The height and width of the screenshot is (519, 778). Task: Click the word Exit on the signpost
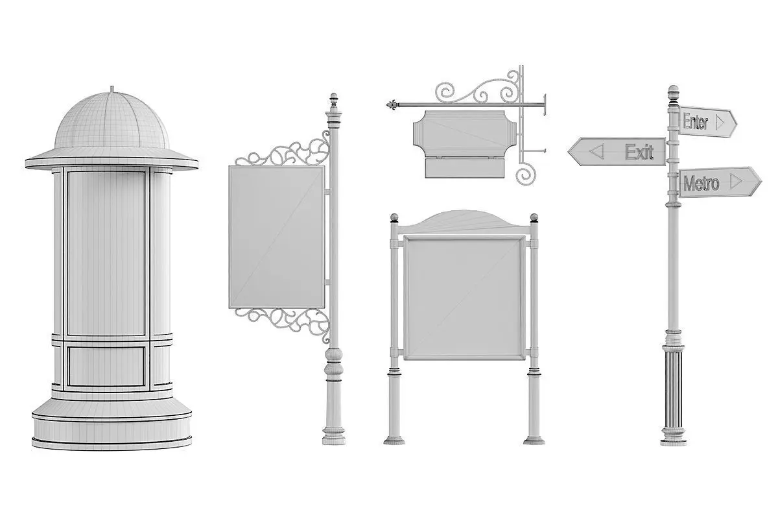pos(639,152)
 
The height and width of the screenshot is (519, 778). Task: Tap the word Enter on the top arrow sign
pos(695,122)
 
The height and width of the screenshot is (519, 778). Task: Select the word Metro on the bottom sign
pos(701,183)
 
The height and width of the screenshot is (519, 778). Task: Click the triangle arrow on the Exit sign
pos(596,151)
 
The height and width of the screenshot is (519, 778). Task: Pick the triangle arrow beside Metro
pos(736,181)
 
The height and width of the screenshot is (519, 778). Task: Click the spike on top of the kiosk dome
pos(112,90)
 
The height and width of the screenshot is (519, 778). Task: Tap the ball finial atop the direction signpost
pos(674,90)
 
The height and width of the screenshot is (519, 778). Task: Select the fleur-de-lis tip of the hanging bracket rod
pos(392,104)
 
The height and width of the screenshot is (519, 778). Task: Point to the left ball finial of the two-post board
pos(394,218)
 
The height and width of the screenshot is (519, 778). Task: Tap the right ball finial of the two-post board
pos(534,218)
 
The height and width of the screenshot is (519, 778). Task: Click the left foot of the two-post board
pos(394,441)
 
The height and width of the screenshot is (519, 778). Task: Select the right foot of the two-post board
pos(534,441)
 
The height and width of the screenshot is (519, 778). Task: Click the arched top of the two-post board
pos(464,221)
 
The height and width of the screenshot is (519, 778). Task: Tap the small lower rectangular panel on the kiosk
pos(106,367)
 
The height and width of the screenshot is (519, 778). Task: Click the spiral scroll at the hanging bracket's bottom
pos(526,176)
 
